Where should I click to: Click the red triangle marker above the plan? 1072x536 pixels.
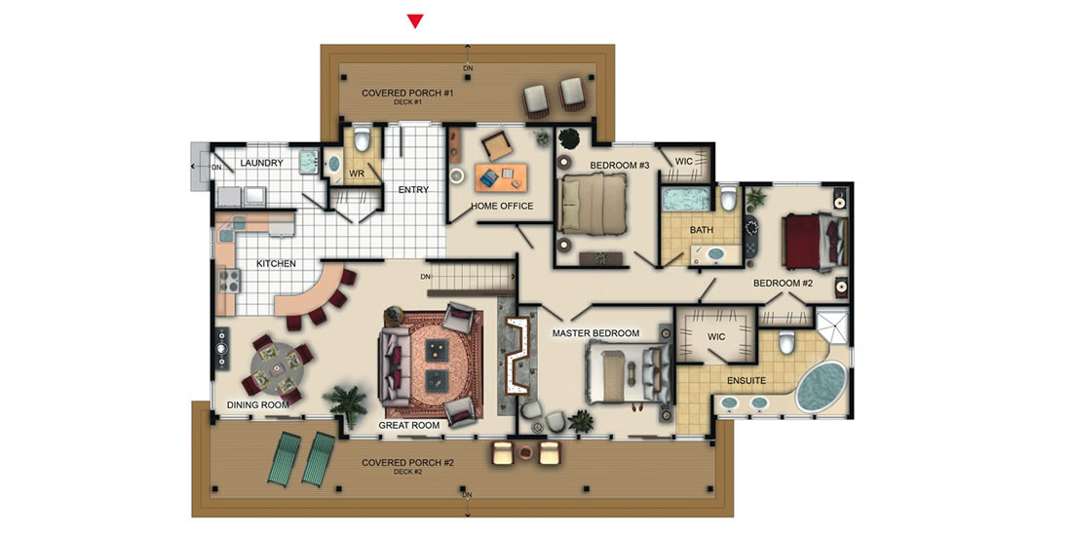415,21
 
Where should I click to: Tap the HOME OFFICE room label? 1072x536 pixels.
502,206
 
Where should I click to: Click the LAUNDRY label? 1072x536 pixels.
262,164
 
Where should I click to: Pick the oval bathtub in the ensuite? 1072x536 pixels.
822,386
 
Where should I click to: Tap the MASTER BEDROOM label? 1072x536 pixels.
595,333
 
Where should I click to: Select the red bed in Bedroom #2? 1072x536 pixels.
813,243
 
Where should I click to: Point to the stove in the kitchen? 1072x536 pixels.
228,281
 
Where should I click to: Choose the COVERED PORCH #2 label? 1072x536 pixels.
407,463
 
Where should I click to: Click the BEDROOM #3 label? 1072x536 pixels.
620,165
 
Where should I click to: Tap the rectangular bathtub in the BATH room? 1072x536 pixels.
686,200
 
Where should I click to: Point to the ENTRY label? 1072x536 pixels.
413,189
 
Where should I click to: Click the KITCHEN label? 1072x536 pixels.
276,263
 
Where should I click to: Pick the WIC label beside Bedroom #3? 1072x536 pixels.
684,162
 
